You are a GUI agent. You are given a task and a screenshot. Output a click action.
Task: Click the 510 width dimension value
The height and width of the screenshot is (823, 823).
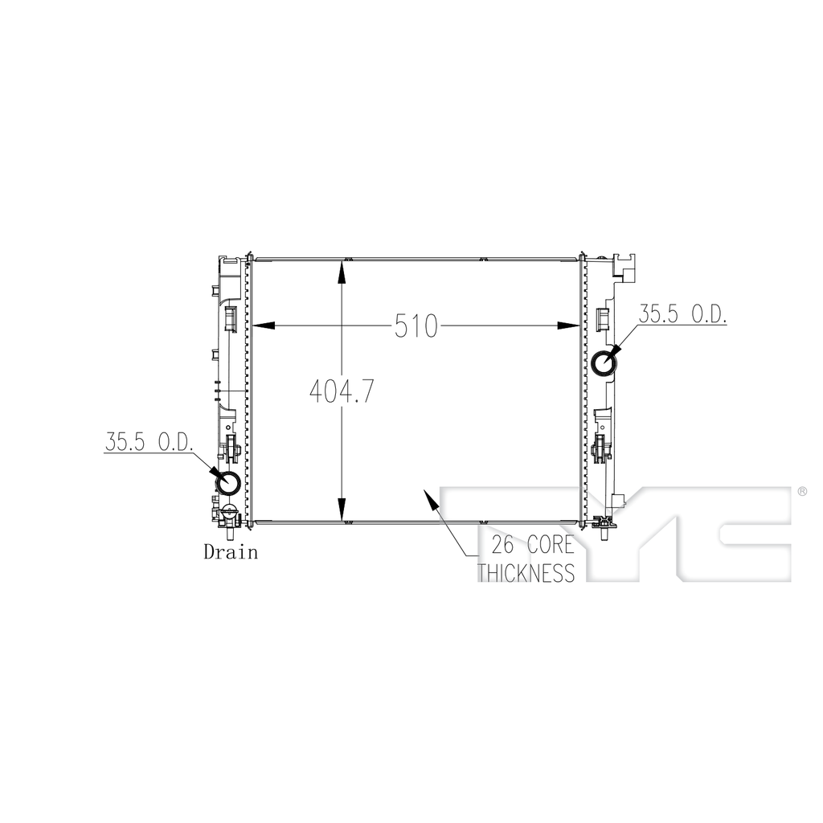coord(416,326)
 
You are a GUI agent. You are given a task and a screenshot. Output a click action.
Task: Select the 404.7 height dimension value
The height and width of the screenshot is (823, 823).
coord(342,391)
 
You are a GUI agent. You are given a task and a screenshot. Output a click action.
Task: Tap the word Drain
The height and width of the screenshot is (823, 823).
coord(231,552)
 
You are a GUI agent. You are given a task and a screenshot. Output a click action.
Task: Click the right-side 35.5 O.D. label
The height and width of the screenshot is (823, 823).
coord(682,314)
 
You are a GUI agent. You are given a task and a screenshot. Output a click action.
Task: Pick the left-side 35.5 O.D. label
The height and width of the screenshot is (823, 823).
coord(149,442)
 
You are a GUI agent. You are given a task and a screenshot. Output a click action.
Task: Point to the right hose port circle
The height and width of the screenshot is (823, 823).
coord(604,363)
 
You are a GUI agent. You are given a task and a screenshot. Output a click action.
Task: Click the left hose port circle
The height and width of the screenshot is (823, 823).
coord(228,482)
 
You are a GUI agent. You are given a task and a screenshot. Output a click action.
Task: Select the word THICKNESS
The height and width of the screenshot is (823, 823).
coord(526,572)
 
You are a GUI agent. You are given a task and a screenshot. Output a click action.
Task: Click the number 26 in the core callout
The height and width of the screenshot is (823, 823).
coord(503,545)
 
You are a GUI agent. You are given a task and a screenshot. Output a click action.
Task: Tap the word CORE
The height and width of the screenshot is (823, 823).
coord(551,545)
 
